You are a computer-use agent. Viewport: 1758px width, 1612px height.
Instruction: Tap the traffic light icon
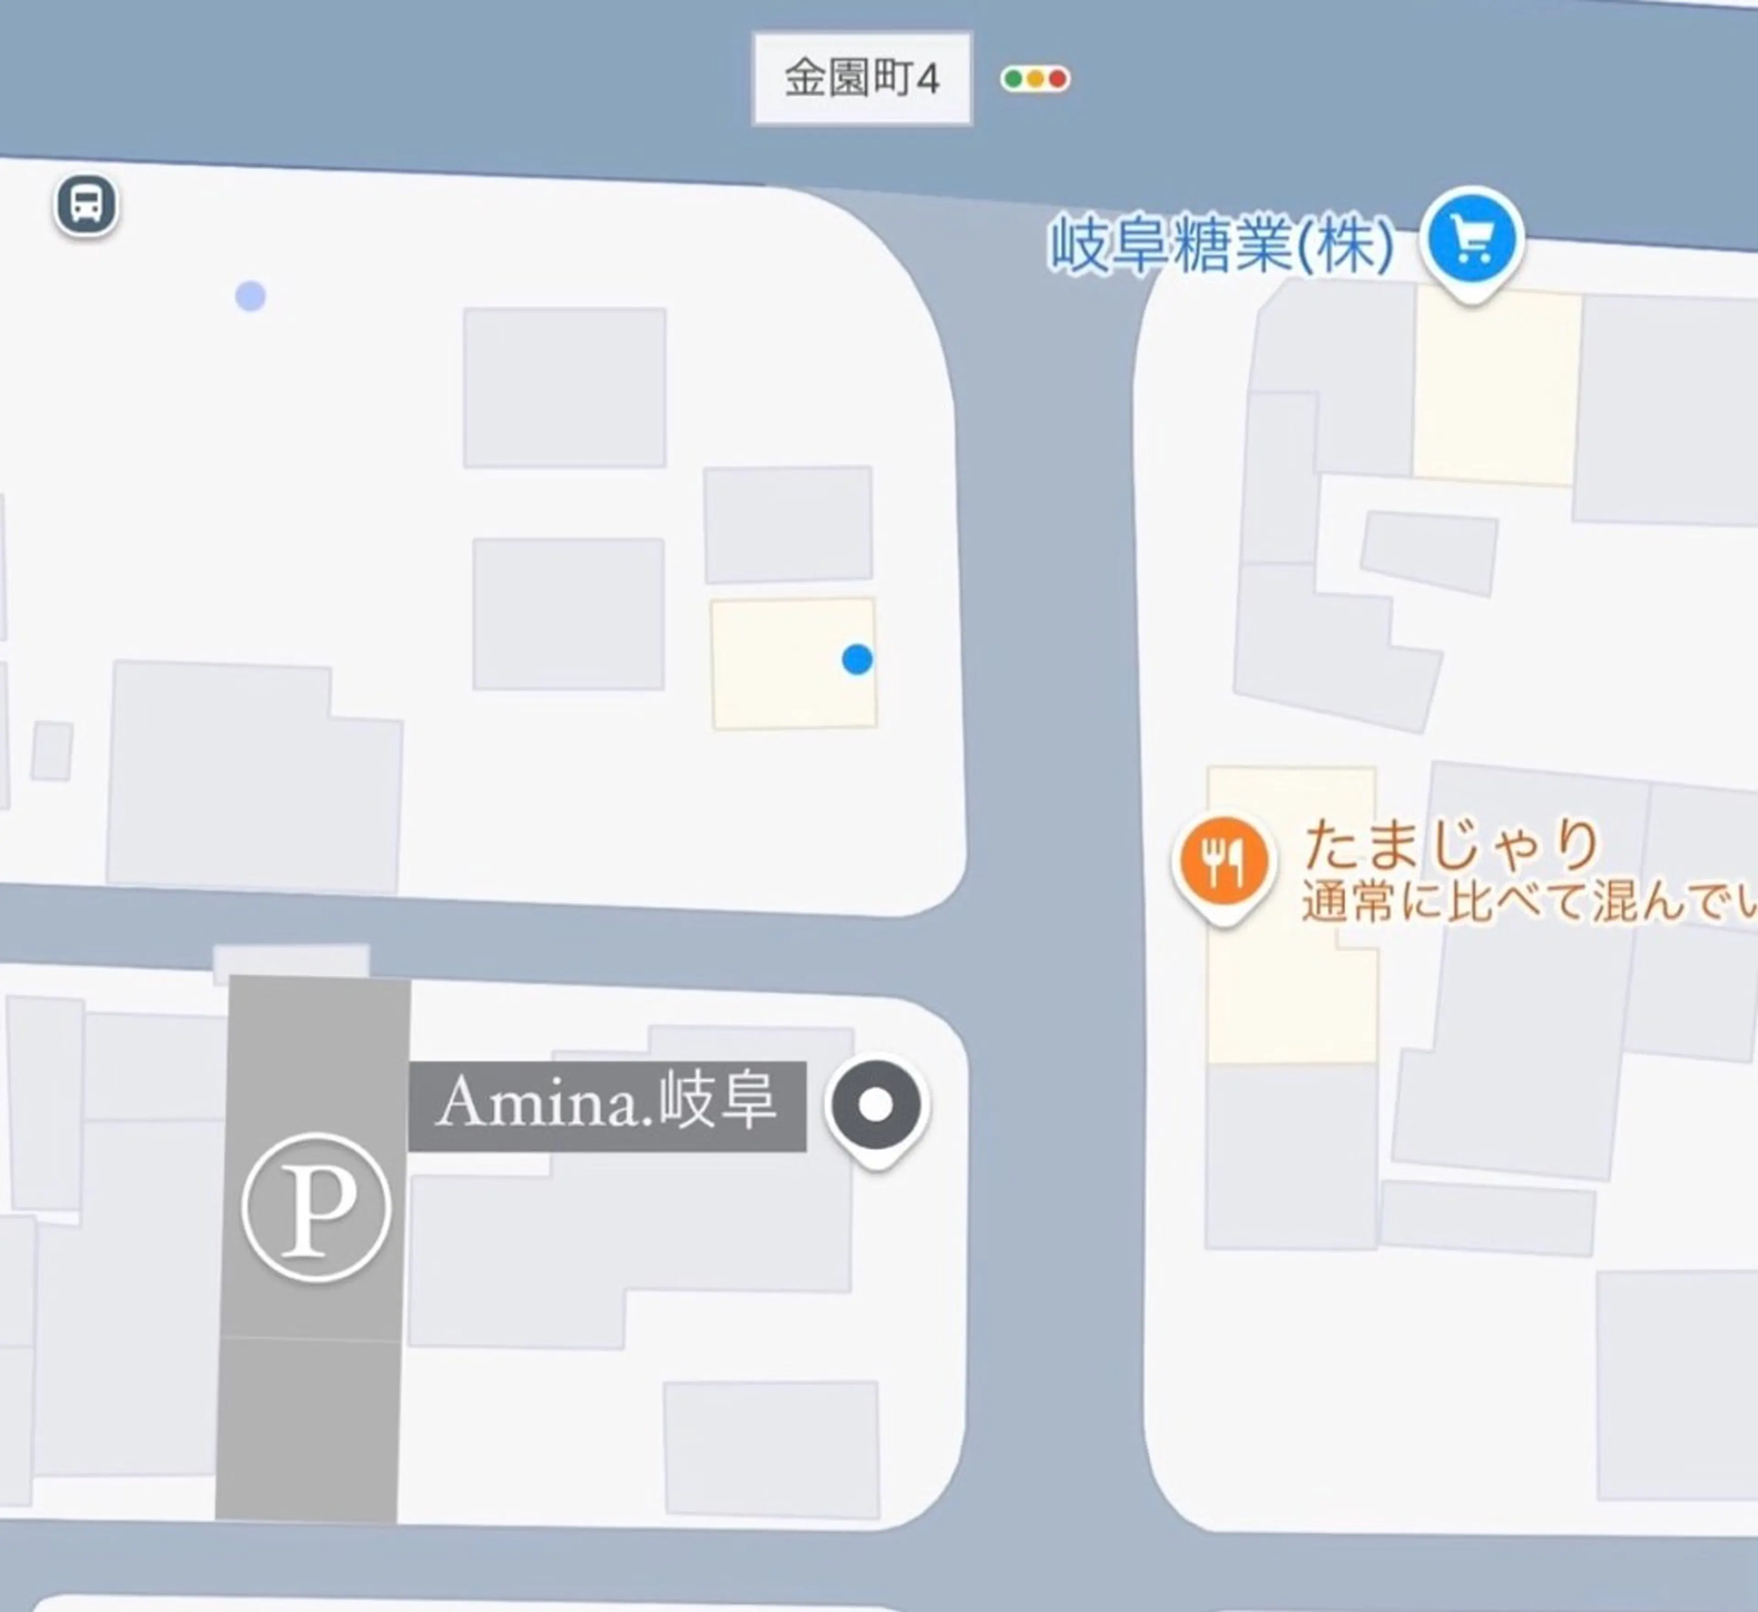coord(1035,79)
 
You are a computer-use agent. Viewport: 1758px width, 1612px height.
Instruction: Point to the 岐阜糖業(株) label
coord(1221,245)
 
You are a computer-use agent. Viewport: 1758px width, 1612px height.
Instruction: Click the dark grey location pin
coord(876,1105)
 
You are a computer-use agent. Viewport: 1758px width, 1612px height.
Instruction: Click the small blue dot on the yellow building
coord(857,660)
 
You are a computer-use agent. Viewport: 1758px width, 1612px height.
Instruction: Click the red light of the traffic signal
coord(1058,79)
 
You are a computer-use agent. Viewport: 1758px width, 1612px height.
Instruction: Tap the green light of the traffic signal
coord(1013,79)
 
